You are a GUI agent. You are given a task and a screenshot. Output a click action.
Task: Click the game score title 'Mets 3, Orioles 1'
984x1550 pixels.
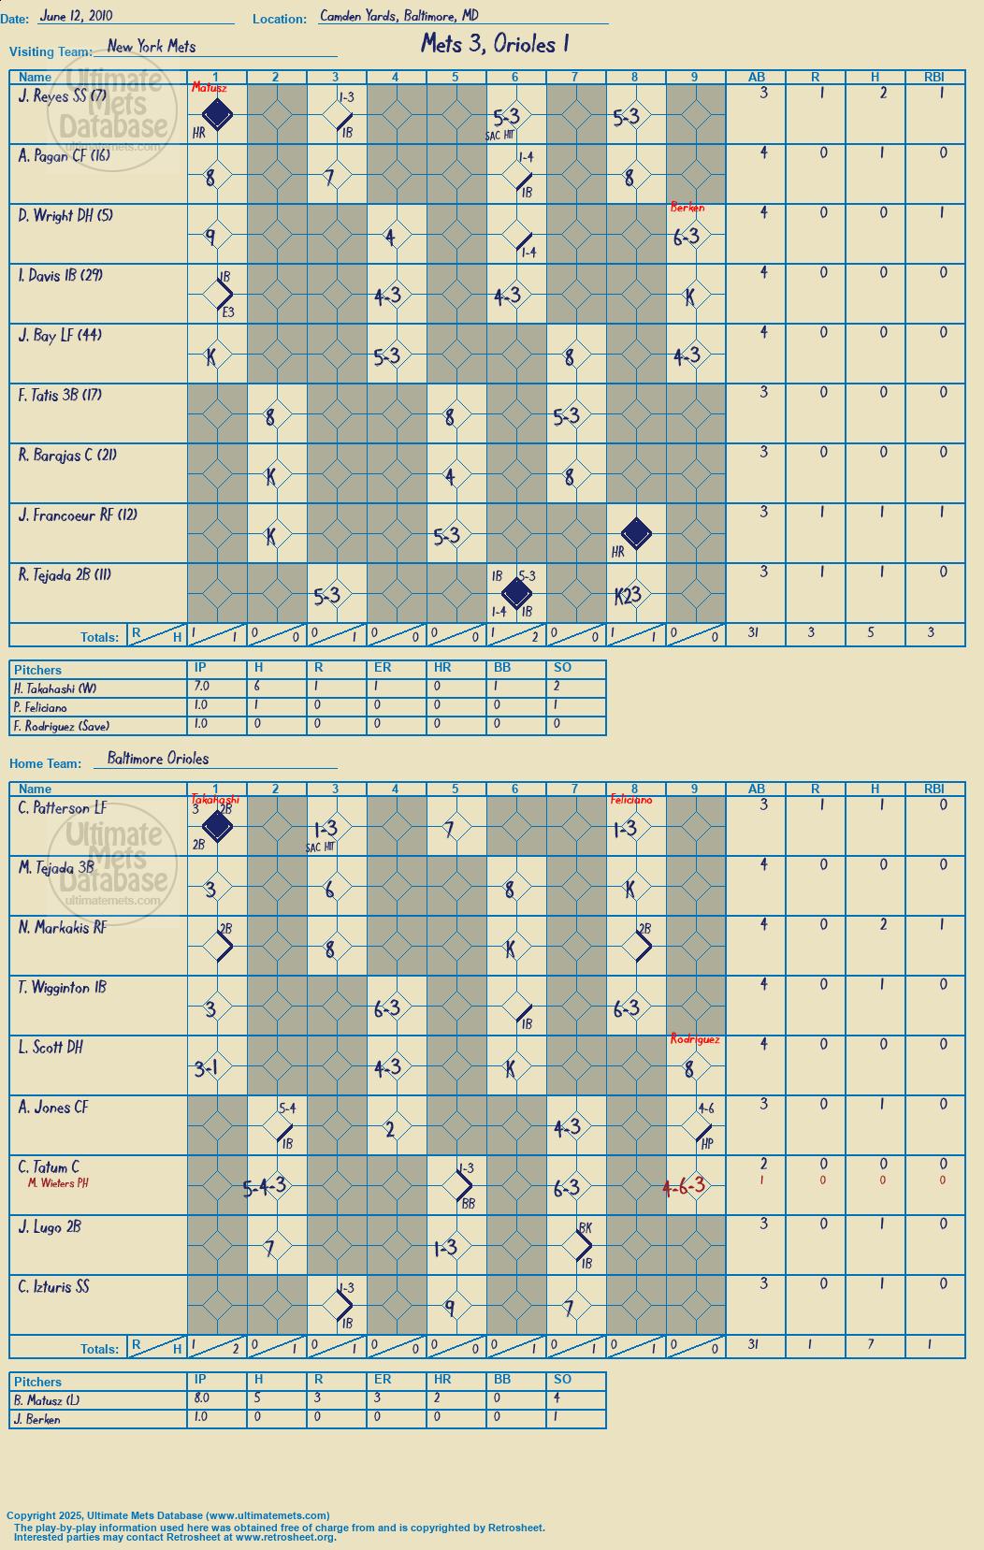(495, 45)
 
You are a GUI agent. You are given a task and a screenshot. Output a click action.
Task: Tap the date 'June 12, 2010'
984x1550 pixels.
(76, 16)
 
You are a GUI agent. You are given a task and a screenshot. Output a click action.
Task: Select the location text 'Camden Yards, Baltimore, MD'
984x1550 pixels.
(399, 16)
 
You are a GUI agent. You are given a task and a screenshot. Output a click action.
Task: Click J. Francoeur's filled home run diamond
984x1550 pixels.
(636, 533)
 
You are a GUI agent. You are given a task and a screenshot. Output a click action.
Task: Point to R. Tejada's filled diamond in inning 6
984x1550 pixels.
(516, 593)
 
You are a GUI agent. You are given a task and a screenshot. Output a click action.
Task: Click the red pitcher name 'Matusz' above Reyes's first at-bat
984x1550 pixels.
(209, 88)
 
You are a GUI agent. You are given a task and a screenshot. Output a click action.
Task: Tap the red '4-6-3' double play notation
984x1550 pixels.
(684, 1186)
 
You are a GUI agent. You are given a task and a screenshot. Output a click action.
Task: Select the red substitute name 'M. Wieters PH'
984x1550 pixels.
(58, 1183)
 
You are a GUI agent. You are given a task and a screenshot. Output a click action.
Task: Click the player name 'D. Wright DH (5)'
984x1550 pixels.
(65, 216)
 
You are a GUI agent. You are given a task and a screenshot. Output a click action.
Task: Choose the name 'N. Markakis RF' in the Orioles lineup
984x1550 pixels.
(63, 928)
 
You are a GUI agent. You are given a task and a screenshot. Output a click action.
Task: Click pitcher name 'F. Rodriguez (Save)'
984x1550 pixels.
(62, 726)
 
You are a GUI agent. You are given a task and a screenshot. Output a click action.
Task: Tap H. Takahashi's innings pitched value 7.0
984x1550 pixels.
(202, 687)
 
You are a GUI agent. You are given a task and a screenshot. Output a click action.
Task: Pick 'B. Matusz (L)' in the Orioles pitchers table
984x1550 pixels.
(47, 1400)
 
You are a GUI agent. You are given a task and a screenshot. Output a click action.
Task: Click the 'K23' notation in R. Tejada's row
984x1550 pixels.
(628, 595)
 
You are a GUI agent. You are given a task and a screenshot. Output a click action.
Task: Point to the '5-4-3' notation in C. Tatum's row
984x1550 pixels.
(265, 1187)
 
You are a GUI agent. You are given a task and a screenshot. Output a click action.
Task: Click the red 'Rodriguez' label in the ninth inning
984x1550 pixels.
(695, 1039)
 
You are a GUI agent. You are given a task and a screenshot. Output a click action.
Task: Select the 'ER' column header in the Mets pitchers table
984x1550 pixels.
(383, 668)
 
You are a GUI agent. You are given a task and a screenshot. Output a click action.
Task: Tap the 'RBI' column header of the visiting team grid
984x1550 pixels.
(934, 78)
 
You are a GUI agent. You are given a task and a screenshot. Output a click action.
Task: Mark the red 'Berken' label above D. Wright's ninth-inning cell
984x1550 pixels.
(687, 208)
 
